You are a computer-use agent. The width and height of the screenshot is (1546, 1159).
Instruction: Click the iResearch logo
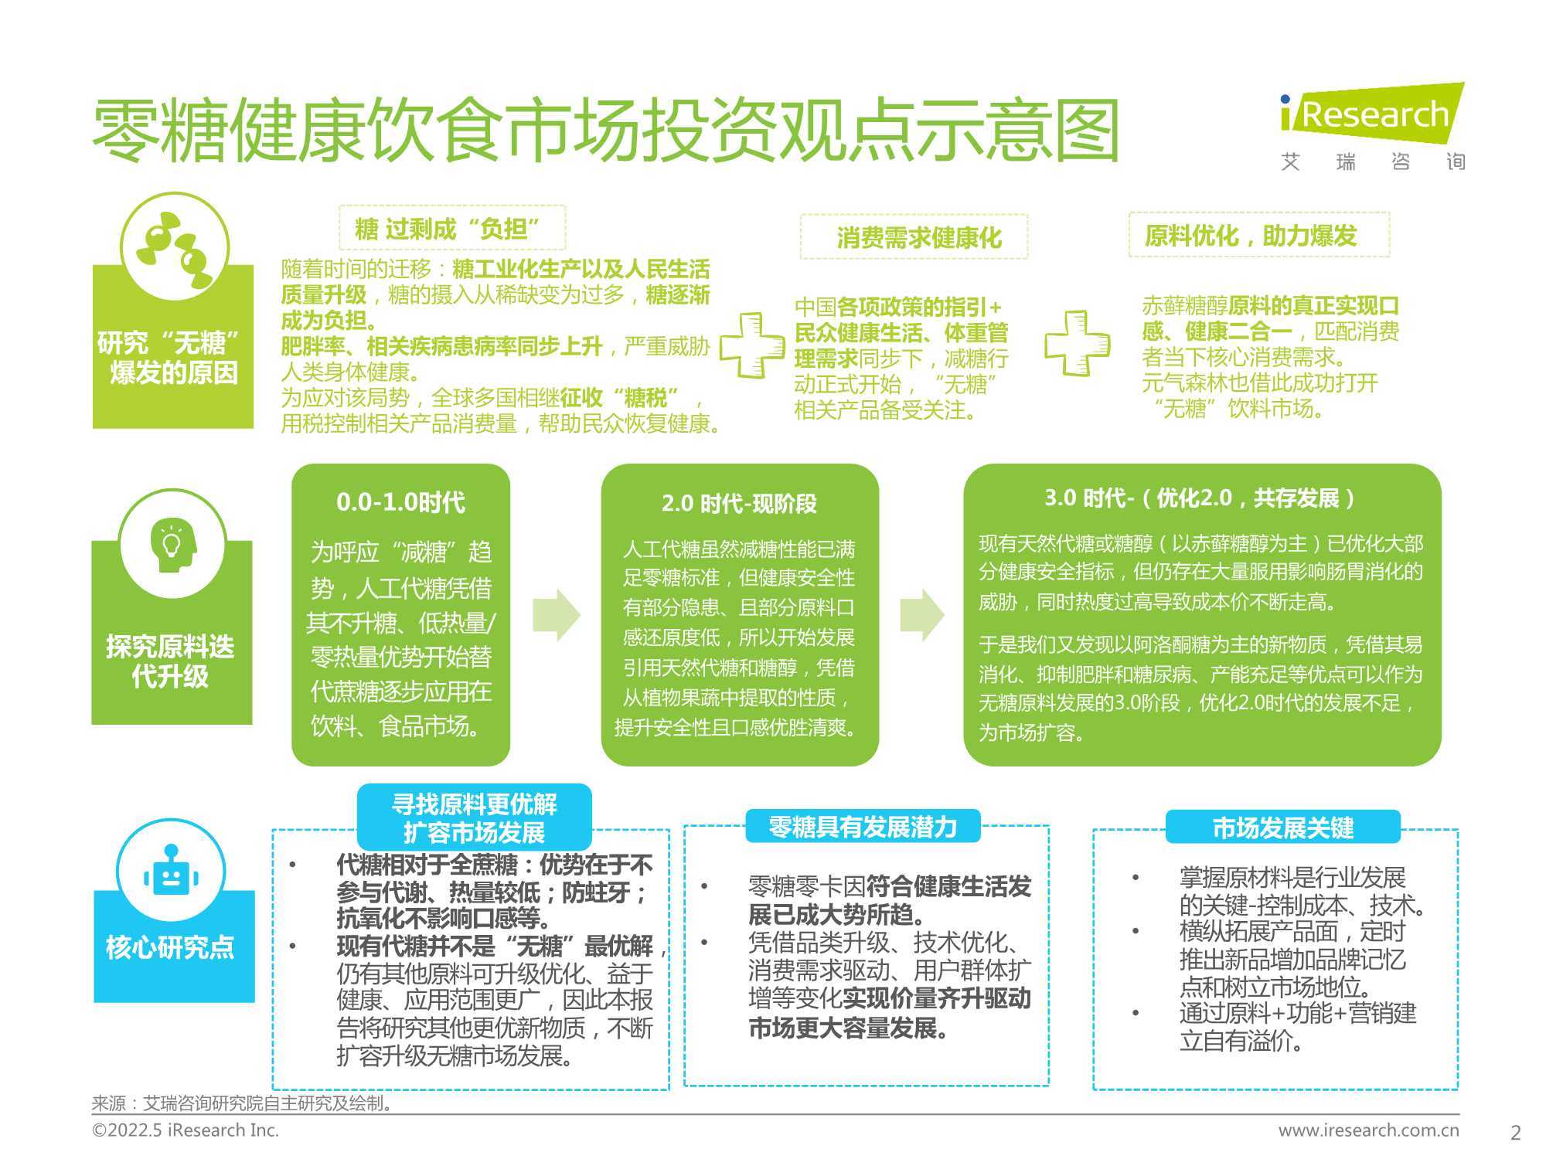(1373, 127)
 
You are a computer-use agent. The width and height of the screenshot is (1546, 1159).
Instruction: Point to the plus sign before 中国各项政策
(751, 345)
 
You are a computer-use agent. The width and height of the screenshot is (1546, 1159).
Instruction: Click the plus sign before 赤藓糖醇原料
(1077, 343)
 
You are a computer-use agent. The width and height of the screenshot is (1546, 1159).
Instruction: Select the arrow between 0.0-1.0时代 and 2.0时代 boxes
(557, 615)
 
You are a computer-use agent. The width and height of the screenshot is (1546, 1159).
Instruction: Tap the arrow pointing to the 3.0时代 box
(922, 615)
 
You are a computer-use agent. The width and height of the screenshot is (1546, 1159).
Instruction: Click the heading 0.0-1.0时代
(400, 502)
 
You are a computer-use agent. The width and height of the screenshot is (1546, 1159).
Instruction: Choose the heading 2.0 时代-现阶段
(739, 504)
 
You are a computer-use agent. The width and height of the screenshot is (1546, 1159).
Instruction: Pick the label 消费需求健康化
(919, 237)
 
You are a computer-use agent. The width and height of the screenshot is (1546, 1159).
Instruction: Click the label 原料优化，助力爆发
(1251, 236)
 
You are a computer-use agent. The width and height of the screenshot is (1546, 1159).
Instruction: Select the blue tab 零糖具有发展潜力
(863, 827)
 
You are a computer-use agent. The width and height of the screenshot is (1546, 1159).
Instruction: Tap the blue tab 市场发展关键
(1283, 828)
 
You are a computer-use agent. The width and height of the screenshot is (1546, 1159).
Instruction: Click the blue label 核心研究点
(170, 947)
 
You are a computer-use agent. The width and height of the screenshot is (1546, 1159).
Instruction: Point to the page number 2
(1515, 1133)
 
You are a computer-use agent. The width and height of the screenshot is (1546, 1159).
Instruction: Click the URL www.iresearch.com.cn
(1369, 1130)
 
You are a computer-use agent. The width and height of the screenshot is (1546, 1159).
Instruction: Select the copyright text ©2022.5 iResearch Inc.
(186, 1130)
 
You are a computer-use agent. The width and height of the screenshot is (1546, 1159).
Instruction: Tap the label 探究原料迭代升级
(170, 661)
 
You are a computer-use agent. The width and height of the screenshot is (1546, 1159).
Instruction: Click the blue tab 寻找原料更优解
(475, 817)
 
